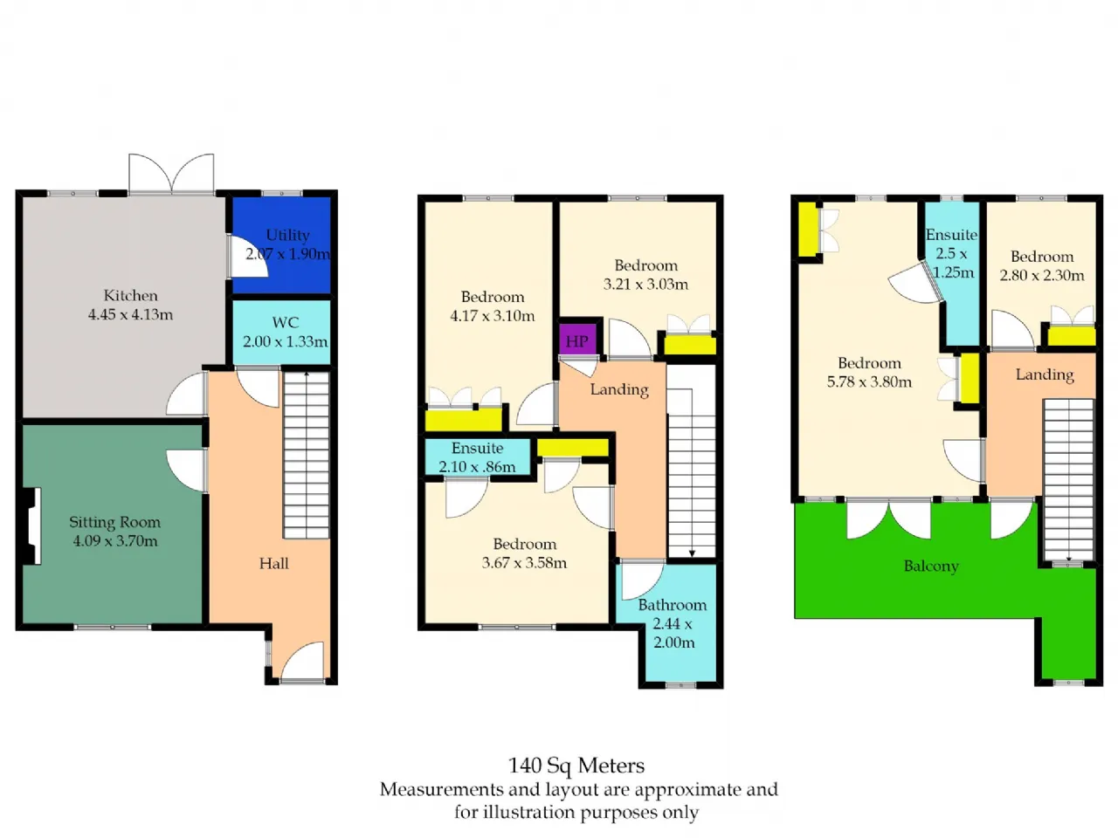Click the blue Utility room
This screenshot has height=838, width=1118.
click(x=281, y=245)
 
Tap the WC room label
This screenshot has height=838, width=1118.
click(x=286, y=323)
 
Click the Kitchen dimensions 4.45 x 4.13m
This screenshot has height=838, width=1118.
click(x=130, y=315)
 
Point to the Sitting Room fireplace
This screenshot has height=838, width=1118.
click(x=32, y=526)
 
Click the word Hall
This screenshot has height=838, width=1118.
click(x=274, y=563)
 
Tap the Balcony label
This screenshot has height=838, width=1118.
click(x=931, y=567)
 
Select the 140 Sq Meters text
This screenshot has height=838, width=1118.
click(x=576, y=766)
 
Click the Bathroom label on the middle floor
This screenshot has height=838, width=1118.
click(x=673, y=605)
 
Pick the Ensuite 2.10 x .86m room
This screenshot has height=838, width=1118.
click(x=477, y=457)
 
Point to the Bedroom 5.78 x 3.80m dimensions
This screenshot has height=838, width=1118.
click(x=869, y=382)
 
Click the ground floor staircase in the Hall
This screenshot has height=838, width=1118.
click(x=307, y=455)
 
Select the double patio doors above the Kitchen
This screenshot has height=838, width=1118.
click(x=172, y=174)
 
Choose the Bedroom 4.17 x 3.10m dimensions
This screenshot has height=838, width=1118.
click(x=493, y=316)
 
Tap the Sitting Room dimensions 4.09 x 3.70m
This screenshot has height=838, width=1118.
click(x=115, y=541)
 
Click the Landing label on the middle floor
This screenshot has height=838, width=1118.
click(x=619, y=389)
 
